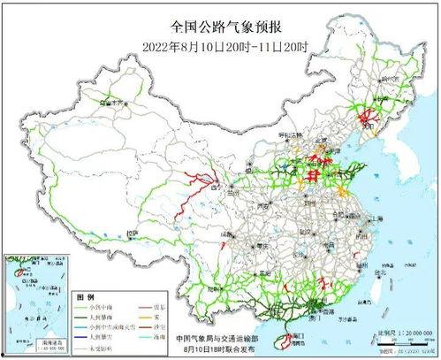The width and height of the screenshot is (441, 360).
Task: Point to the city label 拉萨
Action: click(x=133, y=234)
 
